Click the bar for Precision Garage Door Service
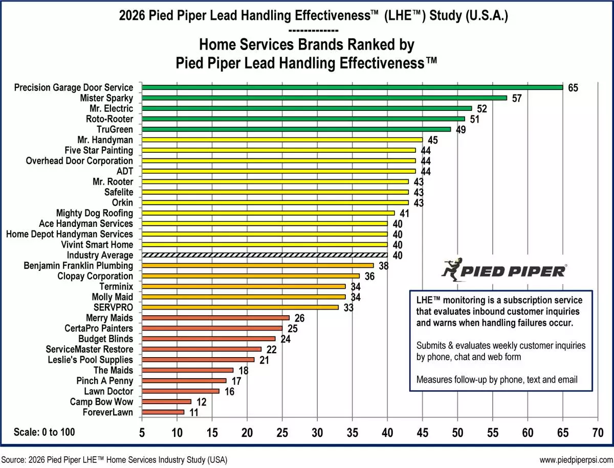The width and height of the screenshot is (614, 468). [x=352, y=87]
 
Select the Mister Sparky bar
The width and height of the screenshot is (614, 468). [x=324, y=98]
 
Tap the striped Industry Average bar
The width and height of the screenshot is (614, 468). [x=265, y=255]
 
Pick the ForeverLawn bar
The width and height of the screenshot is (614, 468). [x=163, y=412]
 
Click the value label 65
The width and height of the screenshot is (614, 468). [x=573, y=88]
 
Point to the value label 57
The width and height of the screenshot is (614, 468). [x=517, y=98]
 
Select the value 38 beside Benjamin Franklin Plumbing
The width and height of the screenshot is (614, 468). [x=384, y=266]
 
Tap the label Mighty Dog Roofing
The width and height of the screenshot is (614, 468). [x=94, y=213]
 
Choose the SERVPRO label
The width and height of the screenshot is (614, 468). [x=114, y=307]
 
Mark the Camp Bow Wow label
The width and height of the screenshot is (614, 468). [x=101, y=402]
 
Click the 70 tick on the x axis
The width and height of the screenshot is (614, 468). [x=598, y=433]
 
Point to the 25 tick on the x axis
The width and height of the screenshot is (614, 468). [x=282, y=433]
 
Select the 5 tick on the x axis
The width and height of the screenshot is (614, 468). [x=142, y=433]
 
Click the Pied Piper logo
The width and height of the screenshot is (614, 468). [x=503, y=271]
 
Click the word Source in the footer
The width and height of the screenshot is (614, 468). [x=14, y=459]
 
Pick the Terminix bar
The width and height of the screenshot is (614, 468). [x=244, y=286]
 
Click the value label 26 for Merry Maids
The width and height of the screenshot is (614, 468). [x=300, y=318]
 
